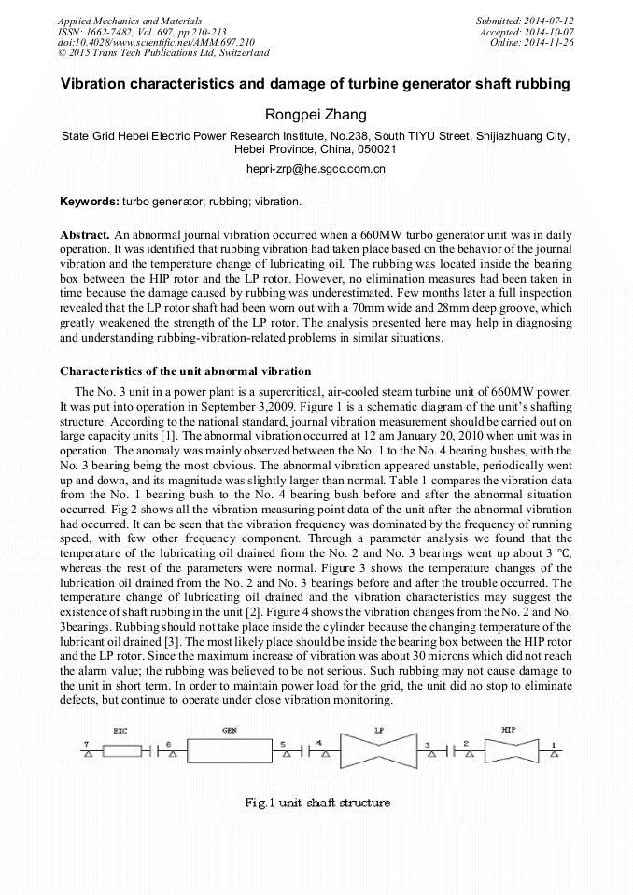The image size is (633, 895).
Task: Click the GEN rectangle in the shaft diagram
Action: click(228, 751)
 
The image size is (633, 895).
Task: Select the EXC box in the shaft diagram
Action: click(120, 751)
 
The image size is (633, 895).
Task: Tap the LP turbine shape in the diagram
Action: click(378, 751)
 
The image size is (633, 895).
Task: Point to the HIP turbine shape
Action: click(509, 751)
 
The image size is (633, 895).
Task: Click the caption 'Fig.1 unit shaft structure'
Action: click(316, 803)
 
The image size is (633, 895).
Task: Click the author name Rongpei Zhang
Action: click(316, 115)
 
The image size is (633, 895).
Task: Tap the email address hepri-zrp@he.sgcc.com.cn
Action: click(316, 169)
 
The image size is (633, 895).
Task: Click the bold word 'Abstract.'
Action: click(86, 234)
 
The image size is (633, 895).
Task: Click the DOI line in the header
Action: click(156, 42)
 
